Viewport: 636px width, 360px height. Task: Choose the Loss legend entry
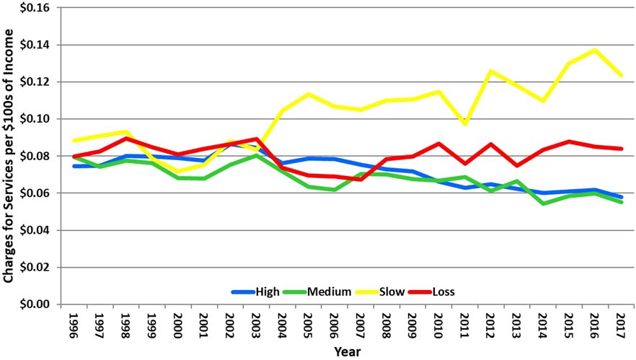tap(435, 291)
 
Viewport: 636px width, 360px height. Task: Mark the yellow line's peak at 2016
tap(594, 50)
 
